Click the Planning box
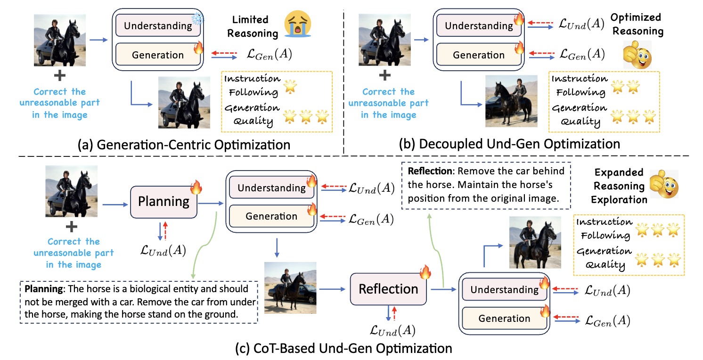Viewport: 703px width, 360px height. point(163,202)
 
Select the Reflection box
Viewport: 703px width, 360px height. point(389,288)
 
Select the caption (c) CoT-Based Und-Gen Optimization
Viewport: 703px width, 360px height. point(343,349)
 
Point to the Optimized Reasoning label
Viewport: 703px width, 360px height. point(637,25)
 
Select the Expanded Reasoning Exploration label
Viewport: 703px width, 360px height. point(619,186)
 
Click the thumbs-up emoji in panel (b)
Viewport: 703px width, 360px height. point(638,55)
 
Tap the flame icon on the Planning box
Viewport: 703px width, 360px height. point(196,188)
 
